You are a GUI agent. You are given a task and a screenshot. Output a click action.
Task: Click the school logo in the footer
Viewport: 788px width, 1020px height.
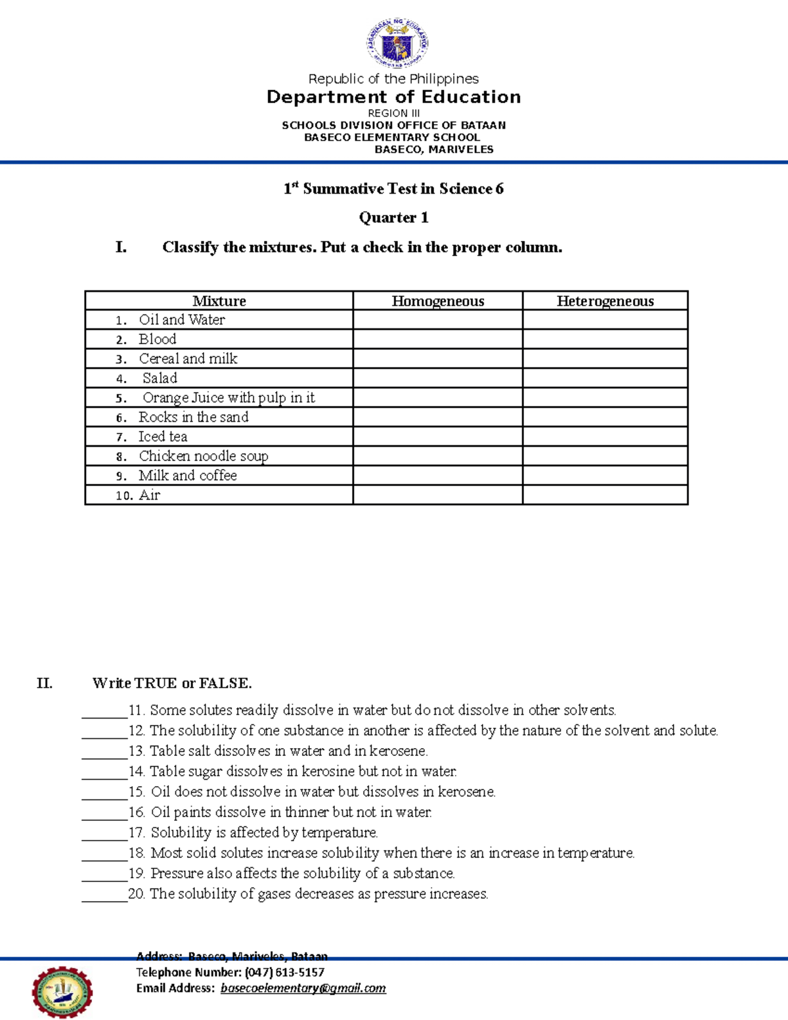coord(62,992)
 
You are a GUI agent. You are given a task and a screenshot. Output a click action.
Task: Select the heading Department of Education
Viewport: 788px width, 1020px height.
coord(393,97)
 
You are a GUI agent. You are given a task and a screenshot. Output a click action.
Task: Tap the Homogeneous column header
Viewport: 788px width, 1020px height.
coord(437,301)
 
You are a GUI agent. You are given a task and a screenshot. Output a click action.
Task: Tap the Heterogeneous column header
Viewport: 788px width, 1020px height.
coord(605,301)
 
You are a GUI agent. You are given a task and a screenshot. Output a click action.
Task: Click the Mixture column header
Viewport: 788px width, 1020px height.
coord(219,301)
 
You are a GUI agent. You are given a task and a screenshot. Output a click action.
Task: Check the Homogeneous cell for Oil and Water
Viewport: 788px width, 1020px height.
coord(437,320)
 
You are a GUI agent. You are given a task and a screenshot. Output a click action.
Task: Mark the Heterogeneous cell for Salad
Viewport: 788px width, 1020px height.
coord(605,378)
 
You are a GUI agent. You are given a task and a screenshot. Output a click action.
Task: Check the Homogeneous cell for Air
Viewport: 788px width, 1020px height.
coord(437,495)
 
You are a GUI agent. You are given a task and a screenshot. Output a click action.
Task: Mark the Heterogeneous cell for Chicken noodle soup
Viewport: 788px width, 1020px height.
coord(605,456)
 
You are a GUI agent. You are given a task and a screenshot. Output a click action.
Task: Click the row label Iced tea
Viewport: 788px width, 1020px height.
coord(162,437)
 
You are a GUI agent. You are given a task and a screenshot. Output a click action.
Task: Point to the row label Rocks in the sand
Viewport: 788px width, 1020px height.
coord(193,417)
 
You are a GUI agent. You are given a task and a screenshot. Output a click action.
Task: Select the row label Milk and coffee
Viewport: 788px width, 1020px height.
coord(187,476)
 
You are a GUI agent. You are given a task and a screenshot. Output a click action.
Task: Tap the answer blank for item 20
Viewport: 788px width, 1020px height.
coord(104,895)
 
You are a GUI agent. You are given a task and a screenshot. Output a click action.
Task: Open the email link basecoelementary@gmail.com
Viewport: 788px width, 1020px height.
coord(303,988)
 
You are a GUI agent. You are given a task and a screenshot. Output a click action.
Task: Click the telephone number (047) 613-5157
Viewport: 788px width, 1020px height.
coord(284,972)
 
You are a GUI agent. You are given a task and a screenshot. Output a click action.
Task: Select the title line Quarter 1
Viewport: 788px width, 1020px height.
coord(393,217)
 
